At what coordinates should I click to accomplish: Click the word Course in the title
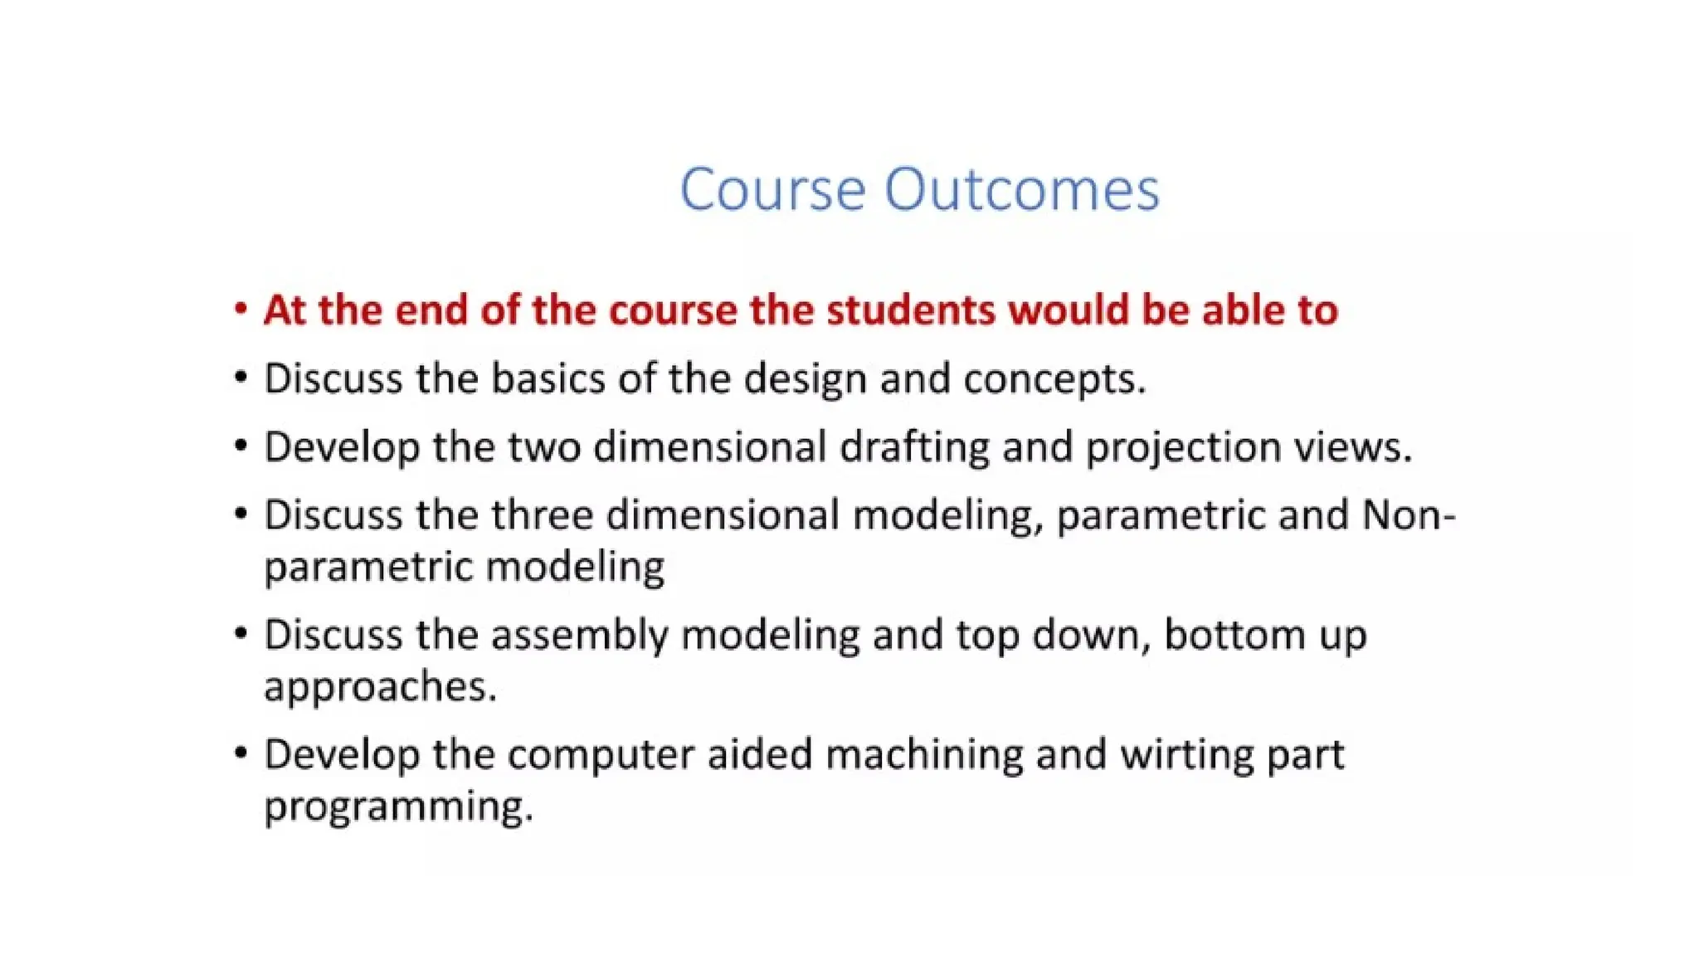pyautogui.click(x=773, y=190)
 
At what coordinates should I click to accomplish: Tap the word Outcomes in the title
pyautogui.click(x=1021, y=190)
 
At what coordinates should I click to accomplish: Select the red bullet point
pyautogui.click(x=241, y=309)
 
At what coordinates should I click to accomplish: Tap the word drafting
pyautogui.click(x=914, y=447)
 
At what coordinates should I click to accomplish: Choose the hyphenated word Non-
pyautogui.click(x=1409, y=515)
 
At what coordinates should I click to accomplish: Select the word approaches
pyautogui.click(x=380, y=687)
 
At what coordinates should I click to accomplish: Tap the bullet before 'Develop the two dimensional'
pyautogui.click(x=241, y=446)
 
